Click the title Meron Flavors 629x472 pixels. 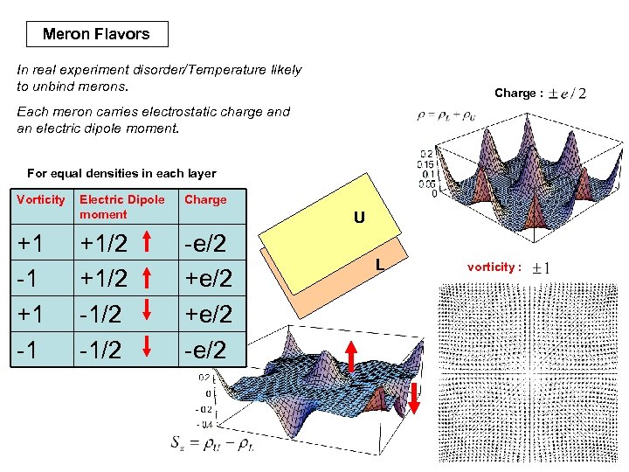[x=96, y=34]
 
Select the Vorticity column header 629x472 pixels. [x=41, y=199]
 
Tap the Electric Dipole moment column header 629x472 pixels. [x=121, y=206]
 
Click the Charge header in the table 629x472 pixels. [x=205, y=199]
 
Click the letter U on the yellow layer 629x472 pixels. [x=359, y=217]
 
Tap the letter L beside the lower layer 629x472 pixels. [x=380, y=263]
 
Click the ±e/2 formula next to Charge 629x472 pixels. [x=567, y=93]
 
